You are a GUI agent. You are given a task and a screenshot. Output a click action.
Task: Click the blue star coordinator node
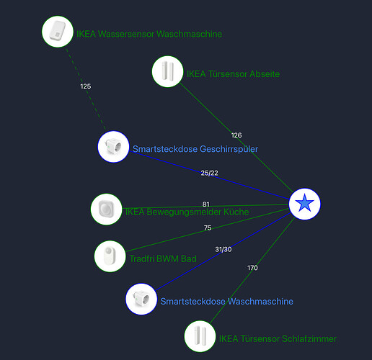[304, 204]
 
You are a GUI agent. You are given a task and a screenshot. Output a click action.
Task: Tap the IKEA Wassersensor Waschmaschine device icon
[58, 32]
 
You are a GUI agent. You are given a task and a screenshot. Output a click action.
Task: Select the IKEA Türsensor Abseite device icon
[167, 71]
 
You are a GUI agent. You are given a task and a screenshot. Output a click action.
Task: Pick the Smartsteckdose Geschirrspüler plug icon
[113, 147]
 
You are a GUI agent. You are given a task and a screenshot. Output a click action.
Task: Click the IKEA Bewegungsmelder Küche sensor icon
[107, 210]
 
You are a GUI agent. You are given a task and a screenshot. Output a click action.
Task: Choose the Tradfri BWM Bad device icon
[110, 256]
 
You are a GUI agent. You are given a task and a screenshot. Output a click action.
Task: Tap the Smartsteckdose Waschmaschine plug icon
[141, 299]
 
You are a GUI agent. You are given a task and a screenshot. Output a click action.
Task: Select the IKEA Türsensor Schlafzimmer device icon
[200, 336]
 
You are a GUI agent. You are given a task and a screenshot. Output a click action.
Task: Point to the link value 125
[86, 86]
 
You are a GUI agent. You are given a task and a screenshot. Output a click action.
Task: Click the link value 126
[236, 135]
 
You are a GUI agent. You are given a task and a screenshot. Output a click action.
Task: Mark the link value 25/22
[210, 173]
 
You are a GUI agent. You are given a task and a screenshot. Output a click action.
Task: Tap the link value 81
[206, 204]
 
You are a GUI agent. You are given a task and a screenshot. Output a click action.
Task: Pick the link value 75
[208, 228]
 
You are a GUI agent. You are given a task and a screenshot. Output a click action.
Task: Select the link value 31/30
[223, 250]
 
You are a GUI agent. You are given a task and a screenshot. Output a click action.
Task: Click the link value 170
[252, 268]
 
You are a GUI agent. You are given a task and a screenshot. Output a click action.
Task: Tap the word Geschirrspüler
[229, 149]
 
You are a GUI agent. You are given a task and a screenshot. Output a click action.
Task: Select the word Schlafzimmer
[309, 339]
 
